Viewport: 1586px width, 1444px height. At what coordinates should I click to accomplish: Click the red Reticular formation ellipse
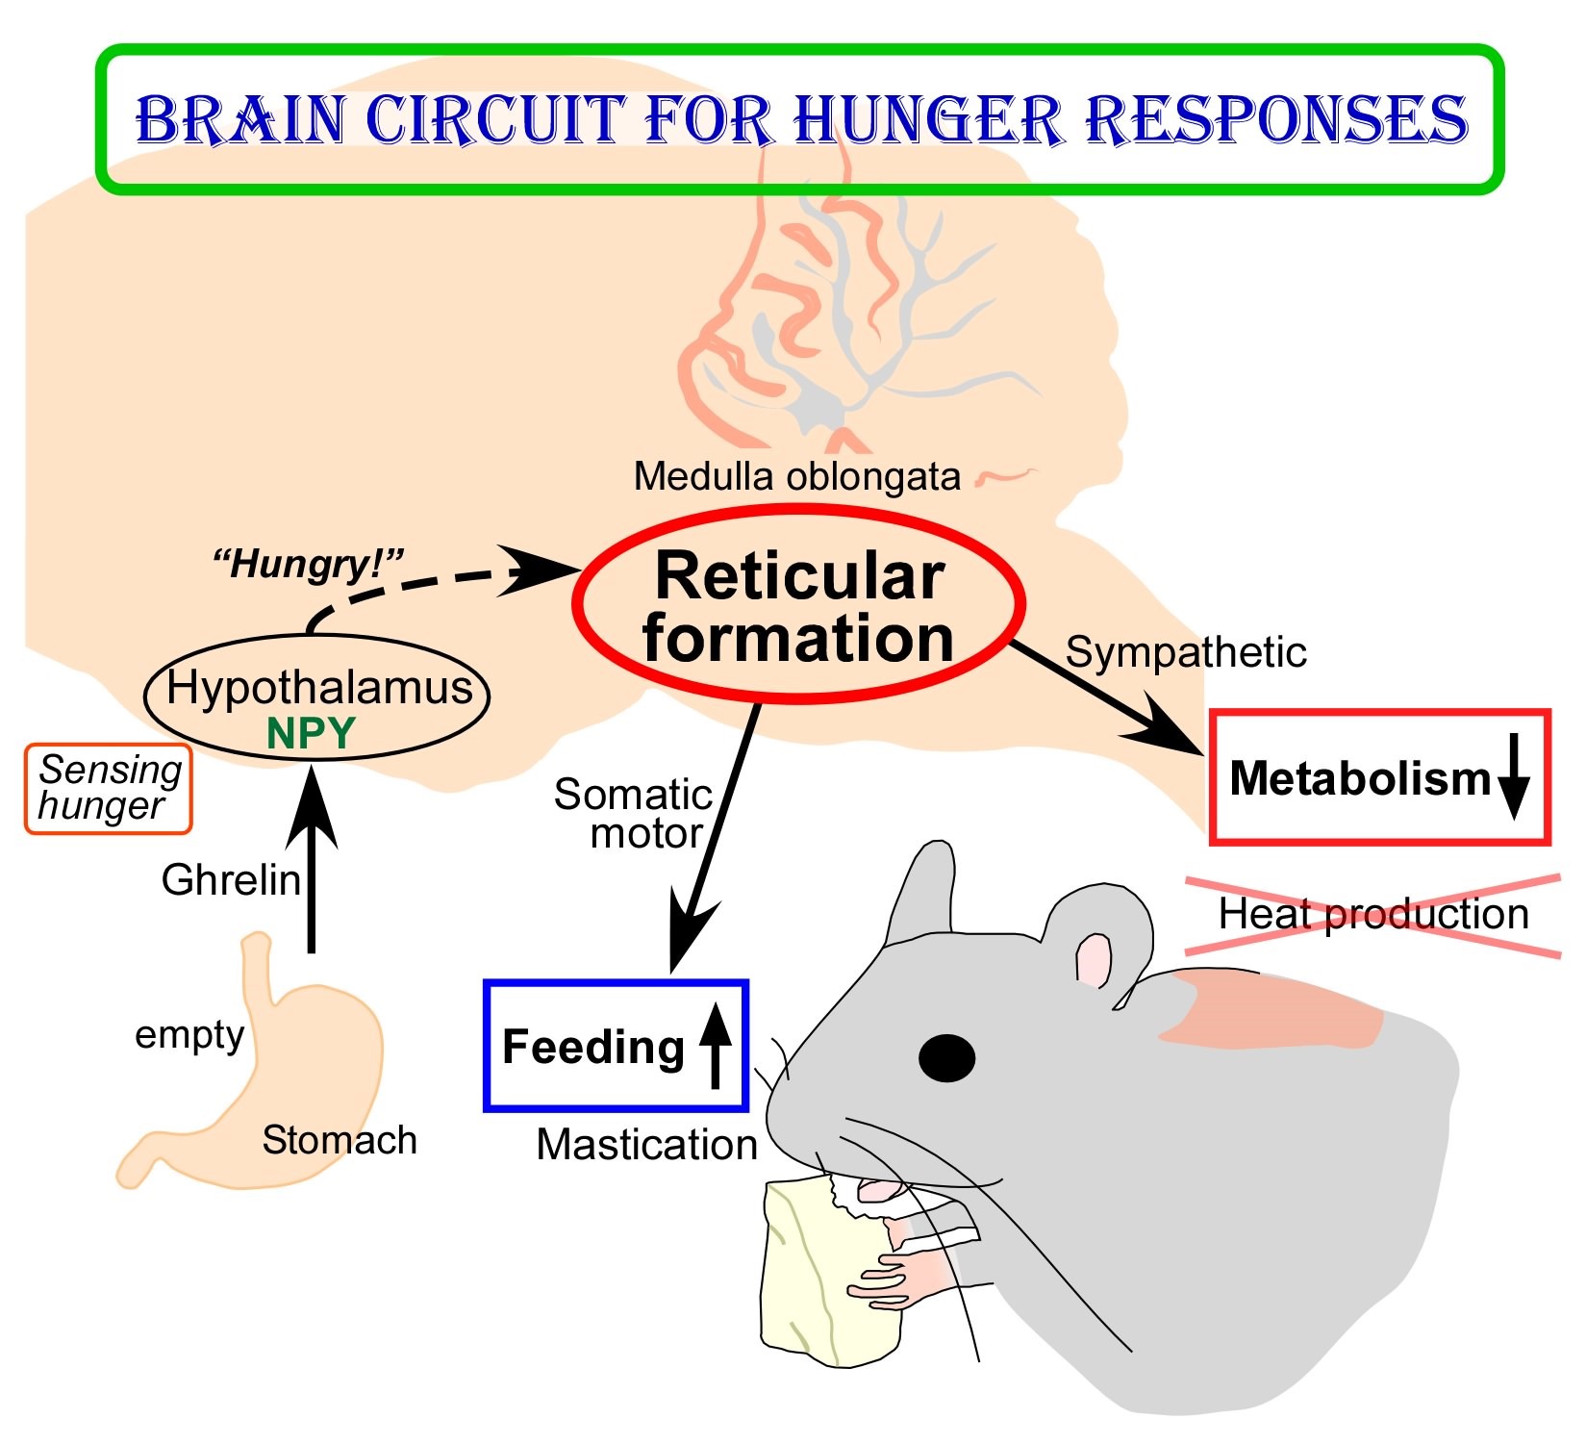(798, 606)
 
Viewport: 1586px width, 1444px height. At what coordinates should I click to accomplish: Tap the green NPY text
(311, 734)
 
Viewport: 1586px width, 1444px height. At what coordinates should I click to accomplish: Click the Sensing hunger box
(108, 788)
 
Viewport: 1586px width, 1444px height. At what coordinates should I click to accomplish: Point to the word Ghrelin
(231, 880)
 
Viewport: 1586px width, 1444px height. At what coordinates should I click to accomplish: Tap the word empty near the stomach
(189, 1035)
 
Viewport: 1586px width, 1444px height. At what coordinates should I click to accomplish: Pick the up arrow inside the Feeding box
(715, 1045)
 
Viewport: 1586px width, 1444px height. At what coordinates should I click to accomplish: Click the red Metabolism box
(1379, 777)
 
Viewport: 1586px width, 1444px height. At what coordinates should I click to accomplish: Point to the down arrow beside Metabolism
(1514, 775)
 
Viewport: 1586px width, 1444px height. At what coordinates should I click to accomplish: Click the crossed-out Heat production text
(1372, 914)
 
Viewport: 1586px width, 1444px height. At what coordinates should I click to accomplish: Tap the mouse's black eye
(946, 1057)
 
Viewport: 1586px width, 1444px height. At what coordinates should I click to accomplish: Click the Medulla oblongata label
(796, 477)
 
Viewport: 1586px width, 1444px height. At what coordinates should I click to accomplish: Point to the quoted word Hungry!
(308, 564)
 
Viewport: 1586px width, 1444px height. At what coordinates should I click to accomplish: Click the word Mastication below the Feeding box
(646, 1145)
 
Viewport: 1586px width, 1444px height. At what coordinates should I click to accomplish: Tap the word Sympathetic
(1185, 652)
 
